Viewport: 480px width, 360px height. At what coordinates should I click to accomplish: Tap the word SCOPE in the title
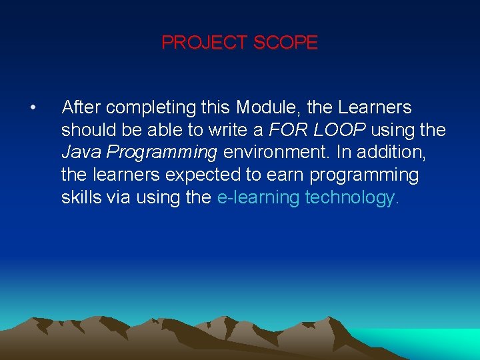tap(285, 43)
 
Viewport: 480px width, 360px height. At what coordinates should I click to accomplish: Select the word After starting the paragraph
tap(81, 107)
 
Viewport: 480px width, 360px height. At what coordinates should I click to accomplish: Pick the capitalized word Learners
tap(375, 107)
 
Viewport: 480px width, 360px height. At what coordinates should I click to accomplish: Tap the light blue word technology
tap(352, 198)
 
